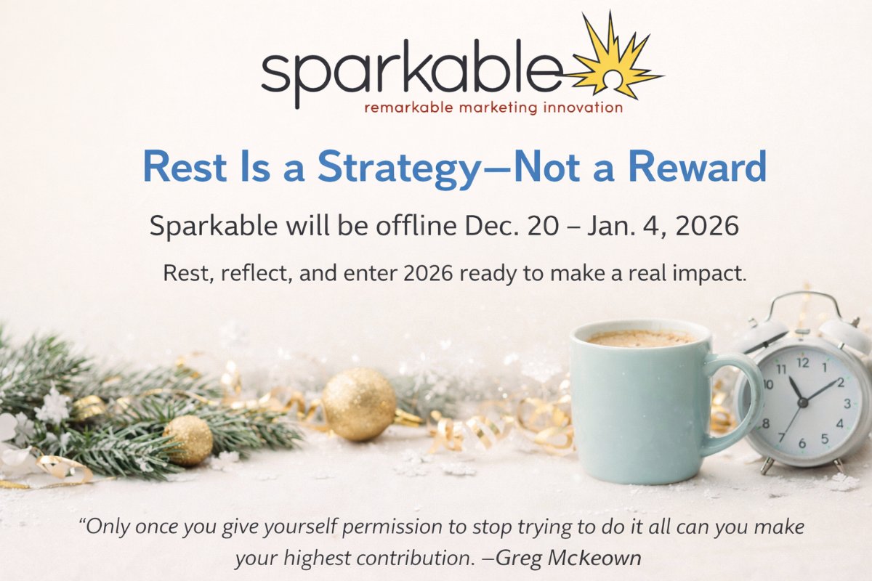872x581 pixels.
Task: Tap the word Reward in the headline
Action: coord(698,167)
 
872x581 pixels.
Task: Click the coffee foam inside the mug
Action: coord(640,338)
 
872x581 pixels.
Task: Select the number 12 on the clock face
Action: coord(802,361)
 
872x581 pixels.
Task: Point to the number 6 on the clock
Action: coord(802,443)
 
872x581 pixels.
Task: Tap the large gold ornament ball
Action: coord(358,403)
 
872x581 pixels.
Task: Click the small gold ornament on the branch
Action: coord(188,440)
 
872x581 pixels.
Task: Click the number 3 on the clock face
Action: coord(845,404)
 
